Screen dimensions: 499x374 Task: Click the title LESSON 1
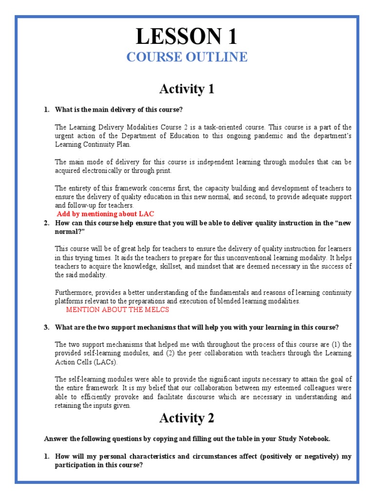(187, 37)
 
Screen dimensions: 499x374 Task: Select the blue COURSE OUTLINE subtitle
(187, 57)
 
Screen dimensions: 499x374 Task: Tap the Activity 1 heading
(187, 89)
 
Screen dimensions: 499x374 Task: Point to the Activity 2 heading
(187, 418)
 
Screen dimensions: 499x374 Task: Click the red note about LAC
(106, 214)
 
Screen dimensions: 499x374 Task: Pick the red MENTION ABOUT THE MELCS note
(118, 310)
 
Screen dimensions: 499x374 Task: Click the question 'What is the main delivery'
(119, 109)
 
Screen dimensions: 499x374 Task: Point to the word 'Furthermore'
(73, 292)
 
